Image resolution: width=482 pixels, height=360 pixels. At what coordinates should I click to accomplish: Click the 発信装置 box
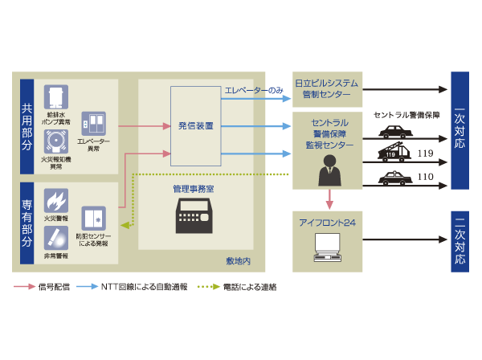196,125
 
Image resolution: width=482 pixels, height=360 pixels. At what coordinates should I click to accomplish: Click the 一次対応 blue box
459,129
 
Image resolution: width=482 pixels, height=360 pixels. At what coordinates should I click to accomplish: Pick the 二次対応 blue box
459,240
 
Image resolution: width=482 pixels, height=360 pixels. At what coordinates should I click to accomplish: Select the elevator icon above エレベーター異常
93,123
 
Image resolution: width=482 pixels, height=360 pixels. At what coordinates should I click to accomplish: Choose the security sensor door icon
93,216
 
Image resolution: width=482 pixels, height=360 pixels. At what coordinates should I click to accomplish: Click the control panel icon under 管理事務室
196,216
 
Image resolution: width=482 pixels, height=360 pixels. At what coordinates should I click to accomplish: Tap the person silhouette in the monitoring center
329,170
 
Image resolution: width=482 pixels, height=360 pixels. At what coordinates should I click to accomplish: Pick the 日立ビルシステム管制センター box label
327,88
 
